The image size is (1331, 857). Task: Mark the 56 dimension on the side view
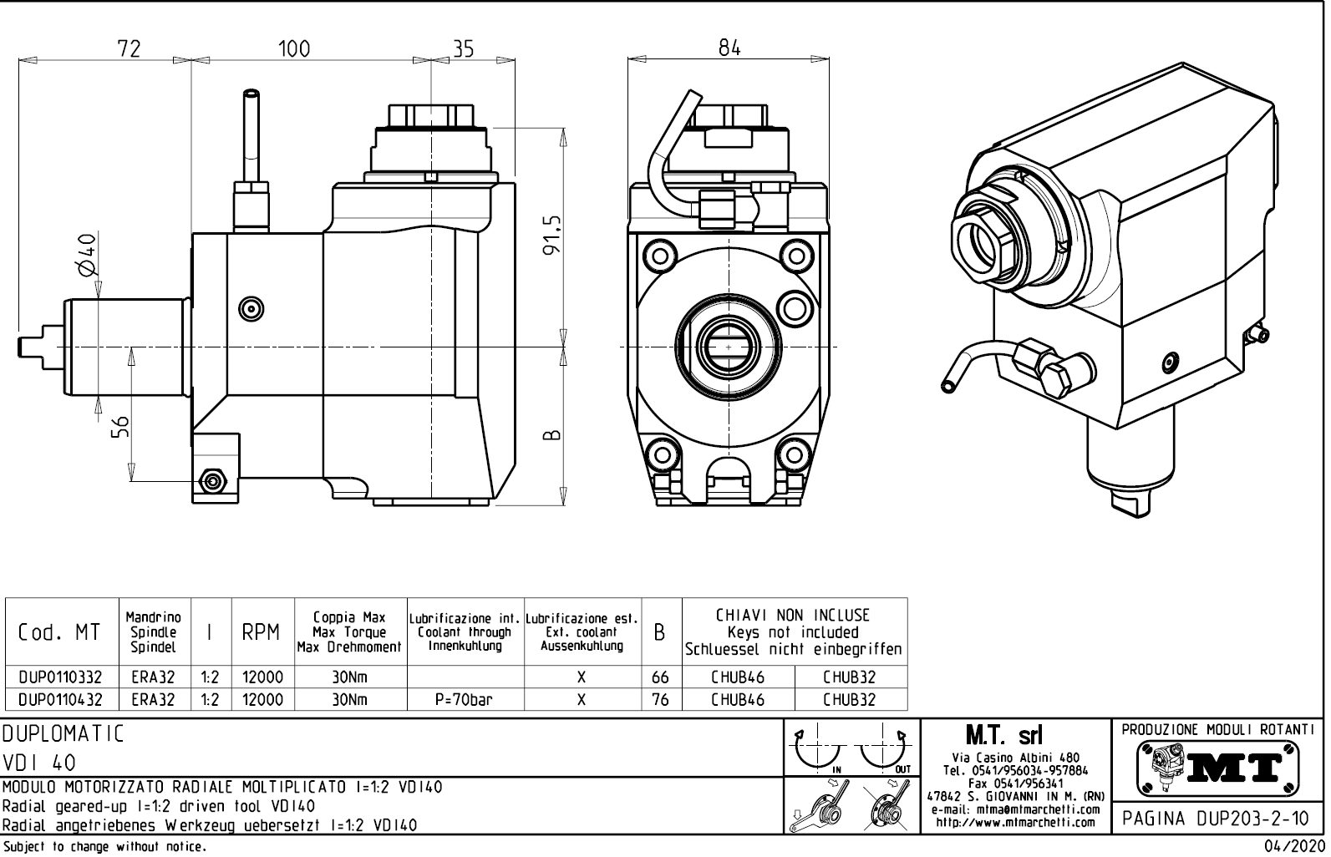(120, 427)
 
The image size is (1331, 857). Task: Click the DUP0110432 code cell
(61, 700)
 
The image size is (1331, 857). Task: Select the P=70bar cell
(464, 700)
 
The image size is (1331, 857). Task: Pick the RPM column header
(262, 634)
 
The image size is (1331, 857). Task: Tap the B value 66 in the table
(660, 677)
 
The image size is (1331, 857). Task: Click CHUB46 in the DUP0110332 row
(737, 677)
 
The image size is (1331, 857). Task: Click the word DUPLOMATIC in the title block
(64, 734)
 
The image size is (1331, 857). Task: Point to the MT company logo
(1218, 766)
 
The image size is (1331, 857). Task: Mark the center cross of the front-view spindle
(729, 346)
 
